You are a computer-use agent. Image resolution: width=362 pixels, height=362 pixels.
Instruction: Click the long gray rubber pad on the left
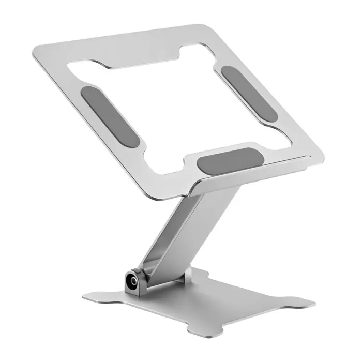(111, 117)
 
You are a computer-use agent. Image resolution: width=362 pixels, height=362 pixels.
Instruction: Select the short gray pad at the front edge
(228, 161)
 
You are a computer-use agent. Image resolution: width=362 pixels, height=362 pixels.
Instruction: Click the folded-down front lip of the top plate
(259, 168)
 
